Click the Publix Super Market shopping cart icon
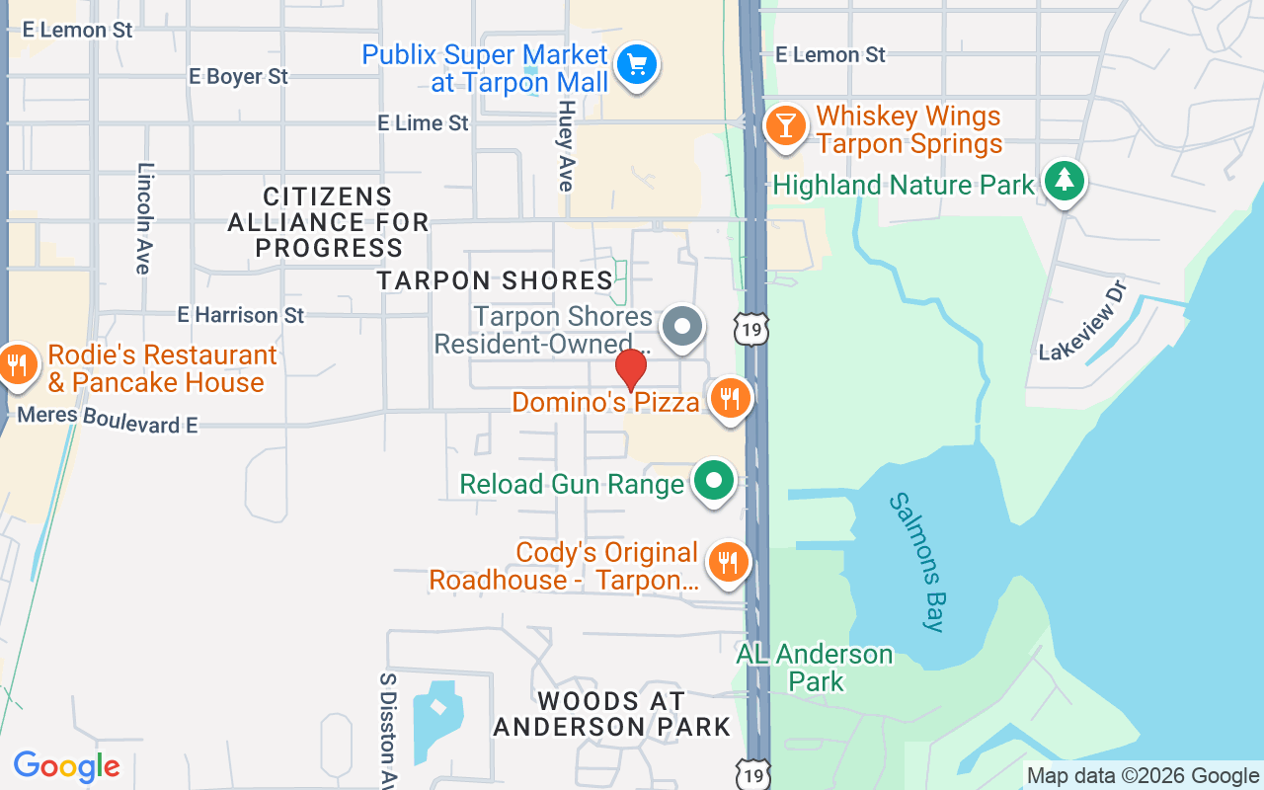637,66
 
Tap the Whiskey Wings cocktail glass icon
785,128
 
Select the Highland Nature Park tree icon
1064,181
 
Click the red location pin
631,369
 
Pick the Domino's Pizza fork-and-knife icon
730,399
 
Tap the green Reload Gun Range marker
715,481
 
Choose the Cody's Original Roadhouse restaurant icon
728,563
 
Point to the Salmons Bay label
918,561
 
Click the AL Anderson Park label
816,668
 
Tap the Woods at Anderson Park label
612,714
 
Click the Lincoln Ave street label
145,218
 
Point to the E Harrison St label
241,315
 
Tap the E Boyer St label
238,76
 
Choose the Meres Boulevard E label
108,419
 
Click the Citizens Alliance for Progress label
329,222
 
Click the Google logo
67,766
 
